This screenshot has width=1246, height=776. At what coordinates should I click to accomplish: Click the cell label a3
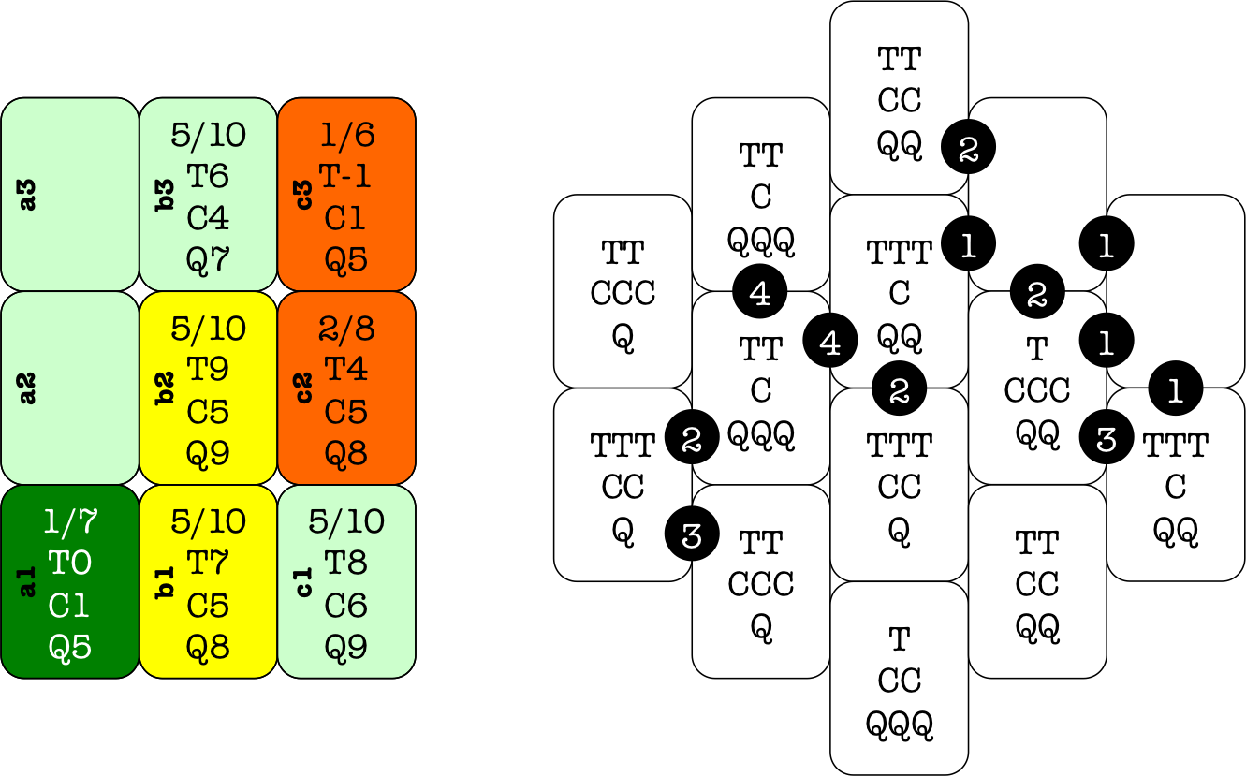point(28,195)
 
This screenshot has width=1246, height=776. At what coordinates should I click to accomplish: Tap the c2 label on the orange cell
point(304,388)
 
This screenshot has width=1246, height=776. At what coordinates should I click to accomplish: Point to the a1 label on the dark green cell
point(28,582)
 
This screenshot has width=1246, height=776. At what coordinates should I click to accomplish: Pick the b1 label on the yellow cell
point(166,582)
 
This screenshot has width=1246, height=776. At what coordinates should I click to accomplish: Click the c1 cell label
point(304,582)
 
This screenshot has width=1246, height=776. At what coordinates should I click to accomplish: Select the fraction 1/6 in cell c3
point(346,136)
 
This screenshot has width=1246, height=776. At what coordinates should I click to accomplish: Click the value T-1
point(346,176)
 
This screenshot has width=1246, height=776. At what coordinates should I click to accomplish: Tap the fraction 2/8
point(346,329)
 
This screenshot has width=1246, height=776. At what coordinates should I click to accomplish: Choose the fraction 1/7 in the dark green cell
point(70,521)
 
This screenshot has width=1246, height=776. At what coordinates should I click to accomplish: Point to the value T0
point(70,563)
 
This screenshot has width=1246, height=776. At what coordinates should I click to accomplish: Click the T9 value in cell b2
point(208,370)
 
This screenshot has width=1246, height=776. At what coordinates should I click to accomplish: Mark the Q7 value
point(208,259)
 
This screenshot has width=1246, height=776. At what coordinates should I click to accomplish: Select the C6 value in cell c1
point(346,605)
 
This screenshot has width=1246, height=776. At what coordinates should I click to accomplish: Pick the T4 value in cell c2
point(346,370)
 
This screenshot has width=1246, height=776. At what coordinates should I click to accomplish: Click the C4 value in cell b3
point(208,218)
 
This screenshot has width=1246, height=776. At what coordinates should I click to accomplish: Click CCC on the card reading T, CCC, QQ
point(1037,390)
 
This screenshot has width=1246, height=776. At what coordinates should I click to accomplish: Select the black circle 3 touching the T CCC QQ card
point(1107,438)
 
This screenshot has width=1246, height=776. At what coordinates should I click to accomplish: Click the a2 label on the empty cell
point(28,388)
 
